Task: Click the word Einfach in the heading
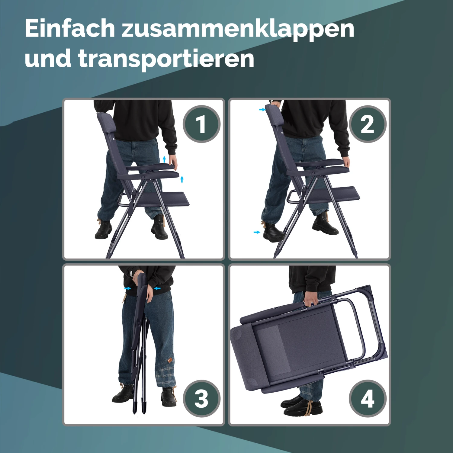click(70, 29)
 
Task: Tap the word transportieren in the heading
click(166, 59)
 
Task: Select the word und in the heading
click(48, 59)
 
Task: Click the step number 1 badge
click(201, 124)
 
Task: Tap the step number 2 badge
click(368, 124)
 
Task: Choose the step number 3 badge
click(201, 399)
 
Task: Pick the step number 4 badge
click(368, 399)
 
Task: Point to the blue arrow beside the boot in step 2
click(257, 232)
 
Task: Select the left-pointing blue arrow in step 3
click(157, 289)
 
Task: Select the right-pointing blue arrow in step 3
click(128, 289)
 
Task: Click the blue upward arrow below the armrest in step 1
click(182, 179)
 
